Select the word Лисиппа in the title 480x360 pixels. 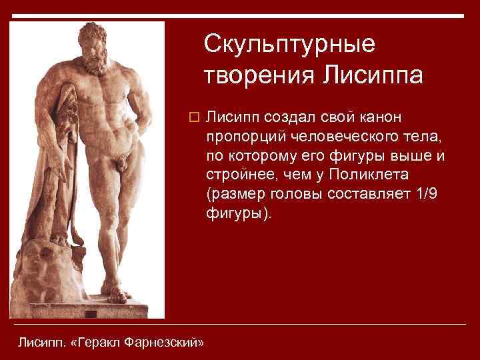coord(373,75)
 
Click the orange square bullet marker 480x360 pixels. coord(194,117)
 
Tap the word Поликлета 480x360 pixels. coord(369,175)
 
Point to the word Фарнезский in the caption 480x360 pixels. coord(162,342)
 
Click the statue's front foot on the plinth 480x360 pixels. coord(116,295)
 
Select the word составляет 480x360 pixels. coord(369,194)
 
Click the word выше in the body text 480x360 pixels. coord(409,156)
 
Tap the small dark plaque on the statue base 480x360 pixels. coord(91,314)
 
